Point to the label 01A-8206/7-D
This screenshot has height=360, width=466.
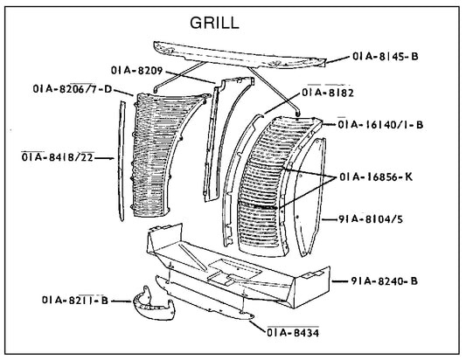click(x=70, y=88)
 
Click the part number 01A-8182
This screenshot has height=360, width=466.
click(x=329, y=91)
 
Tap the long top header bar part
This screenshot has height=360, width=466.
click(x=236, y=53)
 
